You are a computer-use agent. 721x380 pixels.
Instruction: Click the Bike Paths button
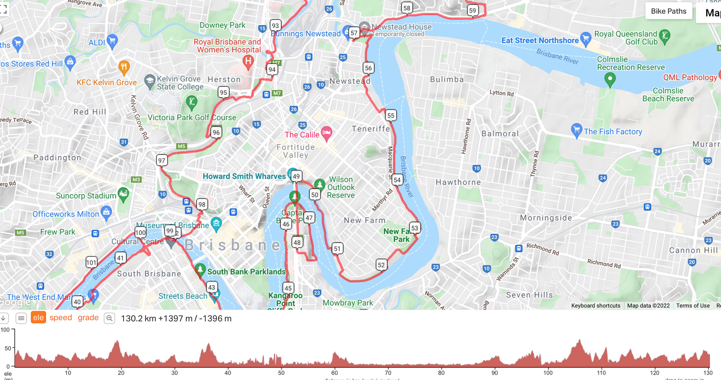pos(668,11)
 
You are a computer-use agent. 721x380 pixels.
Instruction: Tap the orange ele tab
pos(38,318)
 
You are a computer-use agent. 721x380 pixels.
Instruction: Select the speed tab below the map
pos(61,318)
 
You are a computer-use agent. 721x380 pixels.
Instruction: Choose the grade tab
pos(88,318)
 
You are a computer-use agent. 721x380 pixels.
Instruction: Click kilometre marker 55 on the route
pos(391,115)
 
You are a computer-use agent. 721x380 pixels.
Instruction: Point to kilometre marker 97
pos(162,160)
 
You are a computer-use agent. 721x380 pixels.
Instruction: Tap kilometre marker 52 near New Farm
pos(381,265)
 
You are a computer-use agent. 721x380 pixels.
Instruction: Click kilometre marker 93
pos(275,26)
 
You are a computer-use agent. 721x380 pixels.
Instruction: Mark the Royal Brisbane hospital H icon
pos(248,61)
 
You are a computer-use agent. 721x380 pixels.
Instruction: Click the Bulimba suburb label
pos(447,79)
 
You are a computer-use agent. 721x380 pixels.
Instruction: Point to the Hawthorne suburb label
pos(458,182)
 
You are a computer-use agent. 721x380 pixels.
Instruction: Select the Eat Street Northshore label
pos(540,41)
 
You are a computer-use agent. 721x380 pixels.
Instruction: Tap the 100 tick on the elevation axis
pos(5,330)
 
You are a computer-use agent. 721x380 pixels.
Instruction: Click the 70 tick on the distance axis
pos(388,373)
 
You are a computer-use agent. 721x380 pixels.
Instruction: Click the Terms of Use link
pos(693,306)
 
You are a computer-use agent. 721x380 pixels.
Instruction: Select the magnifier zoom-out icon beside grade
pos(109,318)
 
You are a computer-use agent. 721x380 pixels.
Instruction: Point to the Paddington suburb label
pos(57,158)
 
